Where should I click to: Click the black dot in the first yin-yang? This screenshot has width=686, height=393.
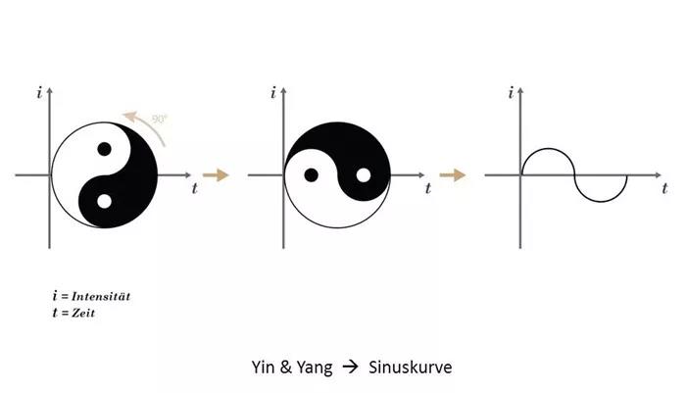pos(104,149)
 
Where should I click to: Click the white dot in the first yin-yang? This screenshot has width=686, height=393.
pos(104,201)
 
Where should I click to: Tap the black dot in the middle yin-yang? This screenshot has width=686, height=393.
pos(311,175)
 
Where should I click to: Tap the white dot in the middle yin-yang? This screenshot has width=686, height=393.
pos(364,175)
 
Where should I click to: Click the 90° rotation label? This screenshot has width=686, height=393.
pos(160,119)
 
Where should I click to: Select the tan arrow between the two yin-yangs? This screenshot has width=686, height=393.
pos(216,175)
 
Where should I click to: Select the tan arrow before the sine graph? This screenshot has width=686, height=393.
pos(453,175)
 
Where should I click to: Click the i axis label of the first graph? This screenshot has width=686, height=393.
pos(40,93)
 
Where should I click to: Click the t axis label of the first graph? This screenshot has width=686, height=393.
pos(195,188)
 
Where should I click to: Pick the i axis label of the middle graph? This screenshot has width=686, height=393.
pos(273,93)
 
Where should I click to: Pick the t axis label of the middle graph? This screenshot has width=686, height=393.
pos(428,188)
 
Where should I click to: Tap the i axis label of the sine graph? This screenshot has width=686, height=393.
pos(511,93)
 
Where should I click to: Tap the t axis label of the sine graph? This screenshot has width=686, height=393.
pos(665,188)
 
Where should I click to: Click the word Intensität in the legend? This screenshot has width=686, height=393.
pos(101,296)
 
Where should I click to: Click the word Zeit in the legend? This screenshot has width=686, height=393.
pos(83,313)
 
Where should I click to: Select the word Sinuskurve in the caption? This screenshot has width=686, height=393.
pos(410,368)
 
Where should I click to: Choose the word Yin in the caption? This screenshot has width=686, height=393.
pos(263,367)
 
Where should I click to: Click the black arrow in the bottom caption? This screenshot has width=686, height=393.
pos(350,367)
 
